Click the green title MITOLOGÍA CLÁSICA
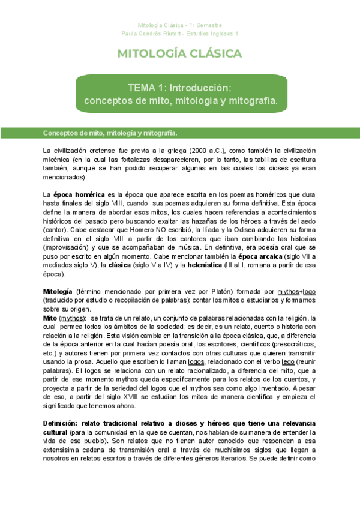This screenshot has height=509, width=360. pos(180,54)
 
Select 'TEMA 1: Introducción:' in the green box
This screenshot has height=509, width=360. pos(180,88)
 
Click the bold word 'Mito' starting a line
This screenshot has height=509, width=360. pos(51,318)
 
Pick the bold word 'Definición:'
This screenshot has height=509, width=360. pos(62,423)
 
